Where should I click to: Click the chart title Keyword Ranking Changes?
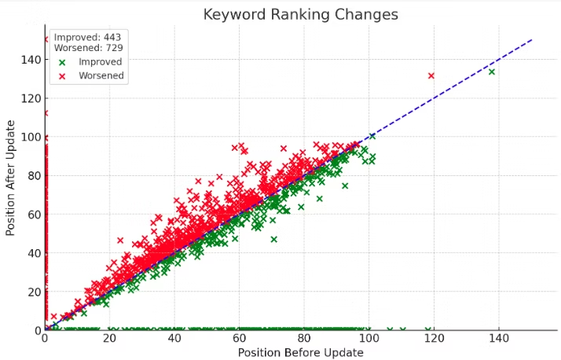coord(300,14)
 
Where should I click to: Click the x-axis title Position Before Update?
coord(300,353)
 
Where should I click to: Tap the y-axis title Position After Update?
coord(11,178)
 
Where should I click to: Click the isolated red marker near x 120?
coord(431,75)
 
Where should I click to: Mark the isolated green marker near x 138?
coord(492,72)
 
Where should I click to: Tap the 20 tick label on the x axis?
coord(109,338)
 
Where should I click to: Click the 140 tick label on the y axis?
coord(31,60)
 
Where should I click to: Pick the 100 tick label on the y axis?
coord(31,137)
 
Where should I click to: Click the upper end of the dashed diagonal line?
coord(531,39)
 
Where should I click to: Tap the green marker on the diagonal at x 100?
coord(372,136)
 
